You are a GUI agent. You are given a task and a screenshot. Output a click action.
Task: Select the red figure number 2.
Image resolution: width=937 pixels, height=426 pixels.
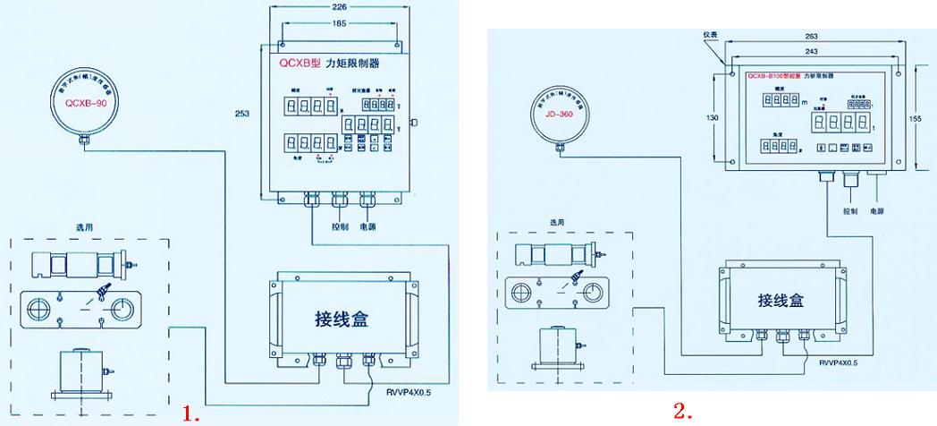pos(683,411)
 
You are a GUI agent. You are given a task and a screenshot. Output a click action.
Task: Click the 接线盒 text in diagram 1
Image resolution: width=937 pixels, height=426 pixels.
pos(341,319)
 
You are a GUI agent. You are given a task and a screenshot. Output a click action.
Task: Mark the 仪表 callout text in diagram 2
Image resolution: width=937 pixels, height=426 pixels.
pos(713,33)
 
